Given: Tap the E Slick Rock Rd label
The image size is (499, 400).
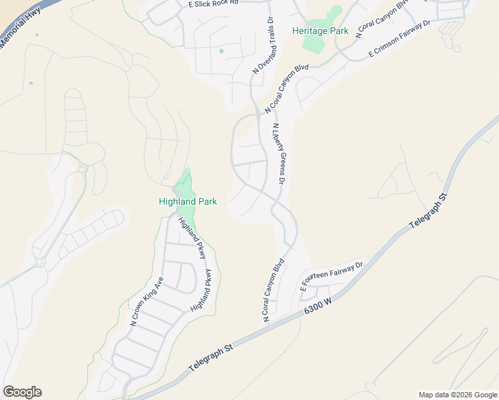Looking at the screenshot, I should click(x=213, y=3).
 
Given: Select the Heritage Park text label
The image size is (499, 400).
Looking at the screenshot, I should click(x=320, y=31).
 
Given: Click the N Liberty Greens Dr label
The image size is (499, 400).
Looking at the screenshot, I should click(x=279, y=154).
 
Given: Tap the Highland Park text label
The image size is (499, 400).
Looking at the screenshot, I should click(x=187, y=201).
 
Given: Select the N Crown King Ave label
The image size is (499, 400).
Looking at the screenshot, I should click(x=147, y=301).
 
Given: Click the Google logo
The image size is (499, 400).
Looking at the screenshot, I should click(x=22, y=392).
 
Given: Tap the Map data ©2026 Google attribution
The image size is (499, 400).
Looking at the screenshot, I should click(x=457, y=395).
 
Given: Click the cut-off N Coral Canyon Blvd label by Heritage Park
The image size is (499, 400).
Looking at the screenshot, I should click(x=382, y=19).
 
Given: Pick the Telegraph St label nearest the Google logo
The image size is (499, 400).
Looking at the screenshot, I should click(x=209, y=357).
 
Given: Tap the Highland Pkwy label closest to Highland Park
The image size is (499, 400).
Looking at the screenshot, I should click(x=193, y=237).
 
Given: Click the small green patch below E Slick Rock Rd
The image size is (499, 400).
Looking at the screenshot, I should click(x=221, y=51).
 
